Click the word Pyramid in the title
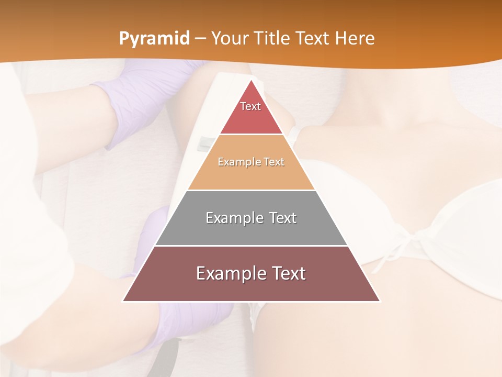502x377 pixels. pyautogui.click(x=154, y=39)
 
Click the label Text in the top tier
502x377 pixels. pyautogui.click(x=250, y=106)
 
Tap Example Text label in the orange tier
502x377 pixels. pyautogui.click(x=251, y=162)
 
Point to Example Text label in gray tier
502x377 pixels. pyautogui.click(x=251, y=218)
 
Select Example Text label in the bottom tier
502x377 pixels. pyautogui.click(x=251, y=273)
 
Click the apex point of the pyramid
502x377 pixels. pyautogui.click(x=252, y=80)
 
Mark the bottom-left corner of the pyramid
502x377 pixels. pyautogui.click(x=123, y=301)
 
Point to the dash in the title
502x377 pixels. pyautogui.click(x=201, y=39)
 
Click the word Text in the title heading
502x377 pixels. pyautogui.click(x=313, y=38)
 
